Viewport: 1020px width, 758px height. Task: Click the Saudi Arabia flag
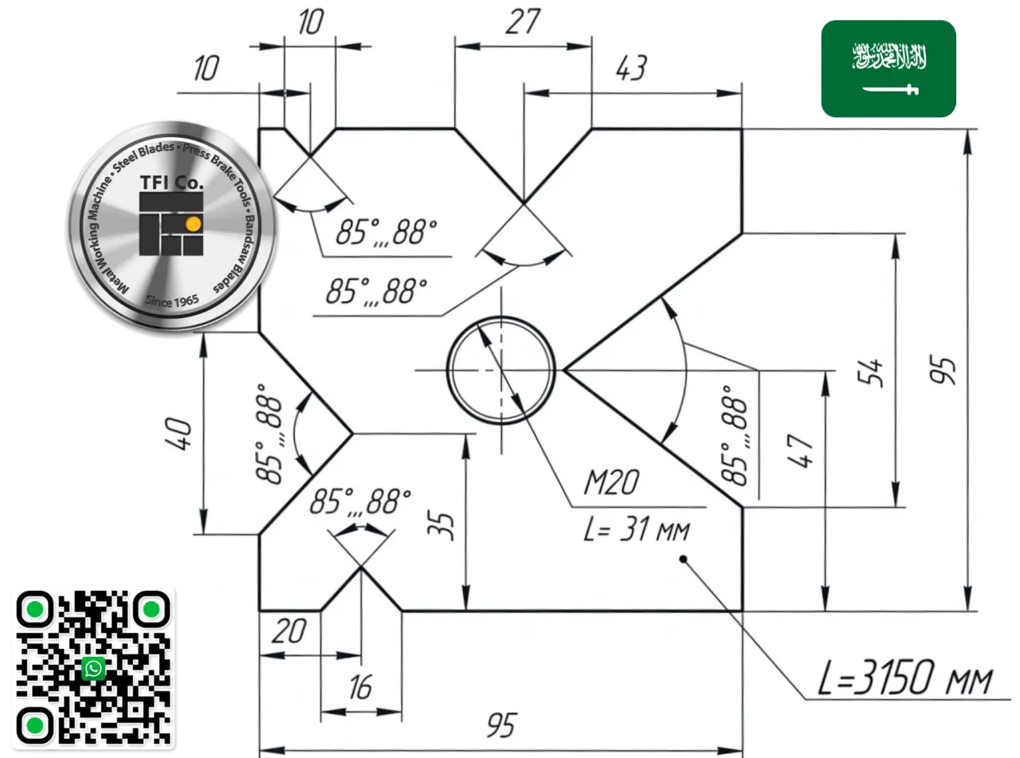tap(889, 69)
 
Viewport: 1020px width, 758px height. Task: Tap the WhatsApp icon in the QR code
tap(93, 668)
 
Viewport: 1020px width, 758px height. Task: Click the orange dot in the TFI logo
tap(194, 224)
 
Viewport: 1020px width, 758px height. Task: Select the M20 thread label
tap(611, 482)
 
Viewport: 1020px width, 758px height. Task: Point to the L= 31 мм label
tap(637, 529)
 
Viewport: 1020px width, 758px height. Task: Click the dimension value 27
tap(523, 22)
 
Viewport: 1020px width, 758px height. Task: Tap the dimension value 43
tap(631, 68)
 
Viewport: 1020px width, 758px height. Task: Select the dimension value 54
tap(870, 372)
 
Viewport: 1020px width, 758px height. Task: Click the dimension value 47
tap(801, 451)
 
